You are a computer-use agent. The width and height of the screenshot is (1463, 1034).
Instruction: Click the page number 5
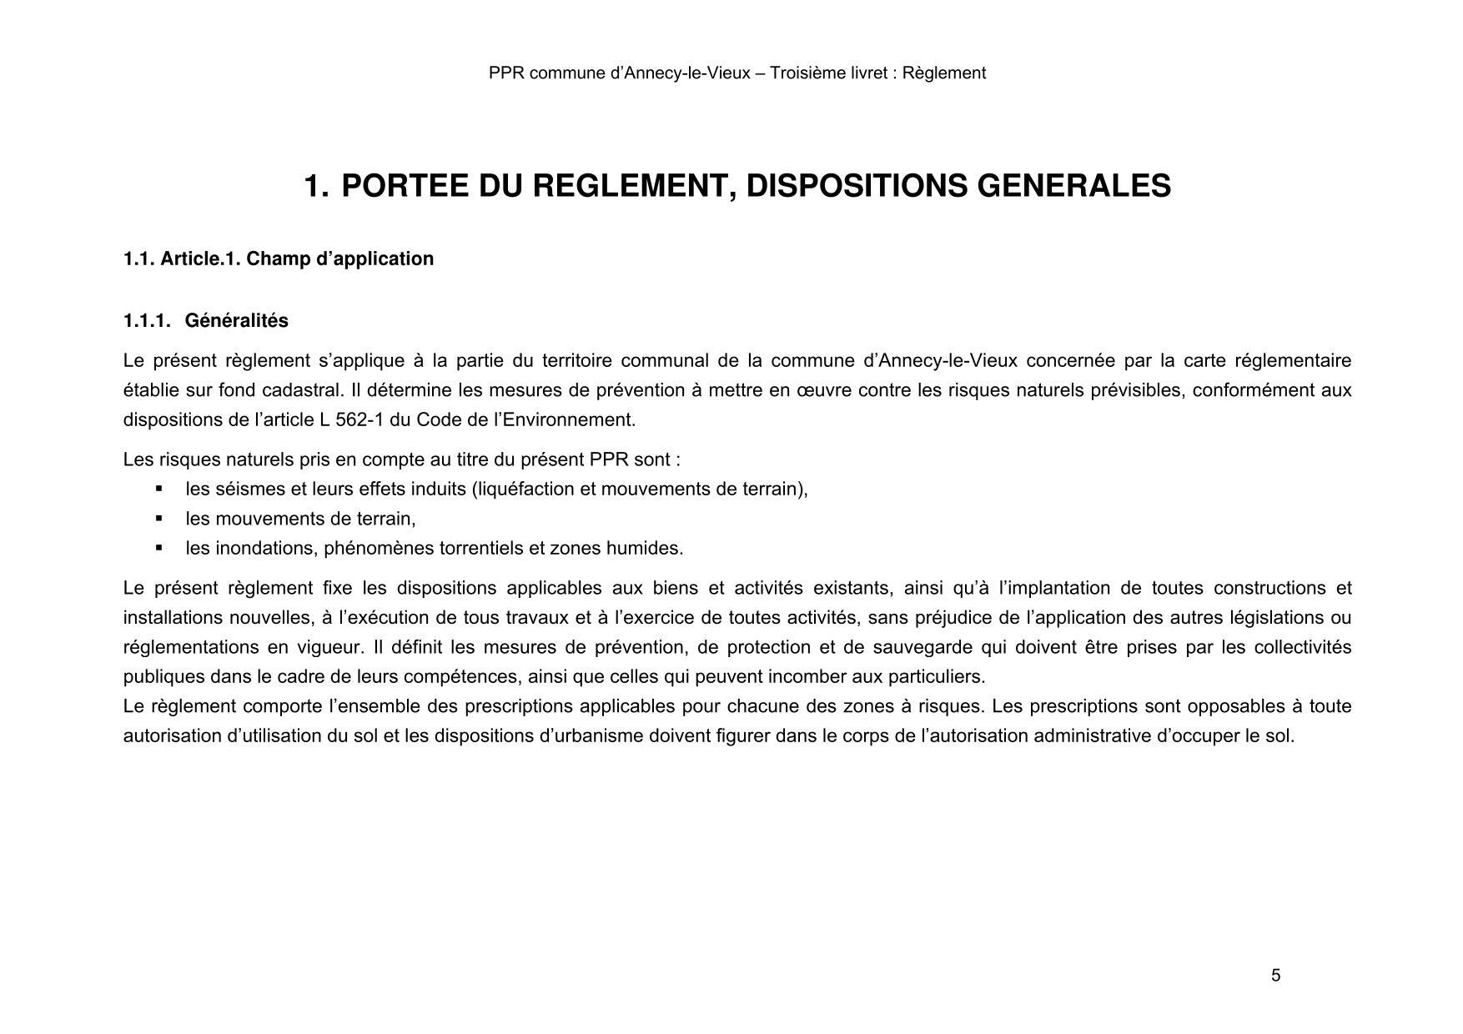(1275, 976)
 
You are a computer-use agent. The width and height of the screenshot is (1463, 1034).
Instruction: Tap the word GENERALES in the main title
(1073, 186)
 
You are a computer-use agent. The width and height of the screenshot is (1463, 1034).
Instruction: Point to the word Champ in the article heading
(272, 259)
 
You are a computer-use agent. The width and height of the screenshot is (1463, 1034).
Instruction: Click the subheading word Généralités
(236, 321)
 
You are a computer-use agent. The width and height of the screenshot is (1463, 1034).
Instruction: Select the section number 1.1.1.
(147, 321)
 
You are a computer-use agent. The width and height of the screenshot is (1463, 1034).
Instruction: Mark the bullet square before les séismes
(159, 489)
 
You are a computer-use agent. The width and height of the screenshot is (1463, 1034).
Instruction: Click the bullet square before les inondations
(159, 548)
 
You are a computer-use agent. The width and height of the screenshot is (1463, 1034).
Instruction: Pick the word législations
(1279, 618)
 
